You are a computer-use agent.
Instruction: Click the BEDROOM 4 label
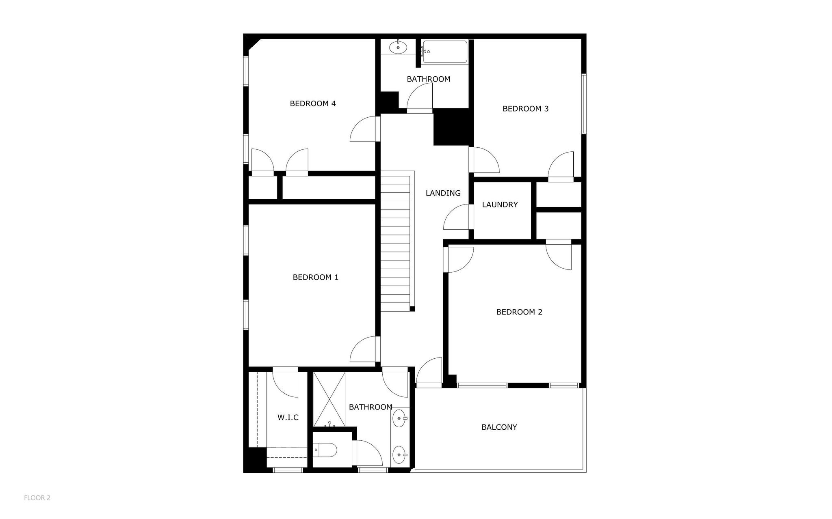coord(313,103)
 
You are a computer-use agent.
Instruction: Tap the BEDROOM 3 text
coord(525,109)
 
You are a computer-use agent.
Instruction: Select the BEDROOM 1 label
coord(316,277)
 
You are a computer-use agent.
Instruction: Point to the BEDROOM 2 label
coord(519,312)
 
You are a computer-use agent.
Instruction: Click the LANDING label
coord(443,193)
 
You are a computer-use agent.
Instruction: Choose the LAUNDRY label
coord(500,205)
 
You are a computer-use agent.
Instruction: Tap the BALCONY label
coord(499,427)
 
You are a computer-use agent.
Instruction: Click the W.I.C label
coord(288,417)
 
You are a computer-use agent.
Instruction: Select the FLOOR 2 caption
coord(37,498)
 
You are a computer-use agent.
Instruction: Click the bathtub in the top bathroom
coord(444,52)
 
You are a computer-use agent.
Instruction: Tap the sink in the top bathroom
coord(398,47)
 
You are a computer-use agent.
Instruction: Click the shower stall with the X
coord(329,399)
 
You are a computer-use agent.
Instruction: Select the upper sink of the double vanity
coord(400,418)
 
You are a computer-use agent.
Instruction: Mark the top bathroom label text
coord(429,79)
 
